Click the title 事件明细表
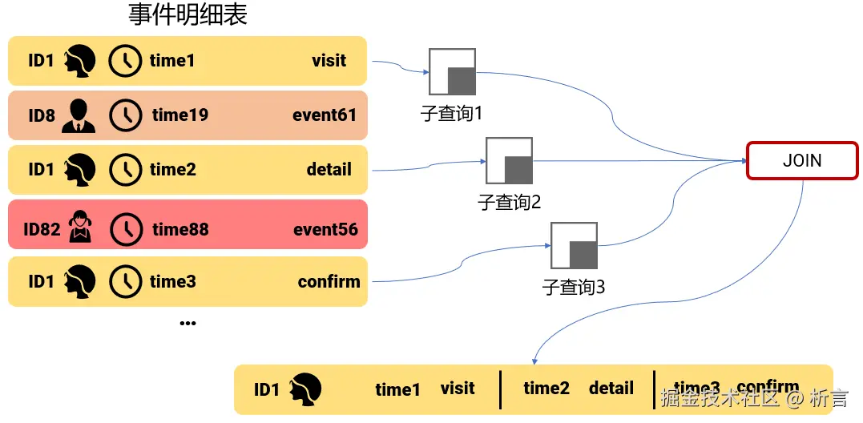point(188,14)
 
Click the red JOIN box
point(801,160)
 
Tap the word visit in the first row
point(329,60)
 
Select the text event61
point(325,115)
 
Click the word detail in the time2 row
point(329,169)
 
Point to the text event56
point(325,229)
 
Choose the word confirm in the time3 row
point(329,281)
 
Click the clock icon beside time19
point(125,115)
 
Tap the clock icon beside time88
point(125,229)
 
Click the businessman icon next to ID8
point(79,115)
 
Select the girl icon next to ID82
point(80,227)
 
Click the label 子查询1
point(451,113)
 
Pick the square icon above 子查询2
point(509,160)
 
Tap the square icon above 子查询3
point(574,245)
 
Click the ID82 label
point(42,229)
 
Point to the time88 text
point(180,229)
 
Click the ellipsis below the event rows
point(188,323)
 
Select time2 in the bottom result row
point(546,389)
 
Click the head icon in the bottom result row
point(304,389)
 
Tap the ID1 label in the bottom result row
point(266,390)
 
